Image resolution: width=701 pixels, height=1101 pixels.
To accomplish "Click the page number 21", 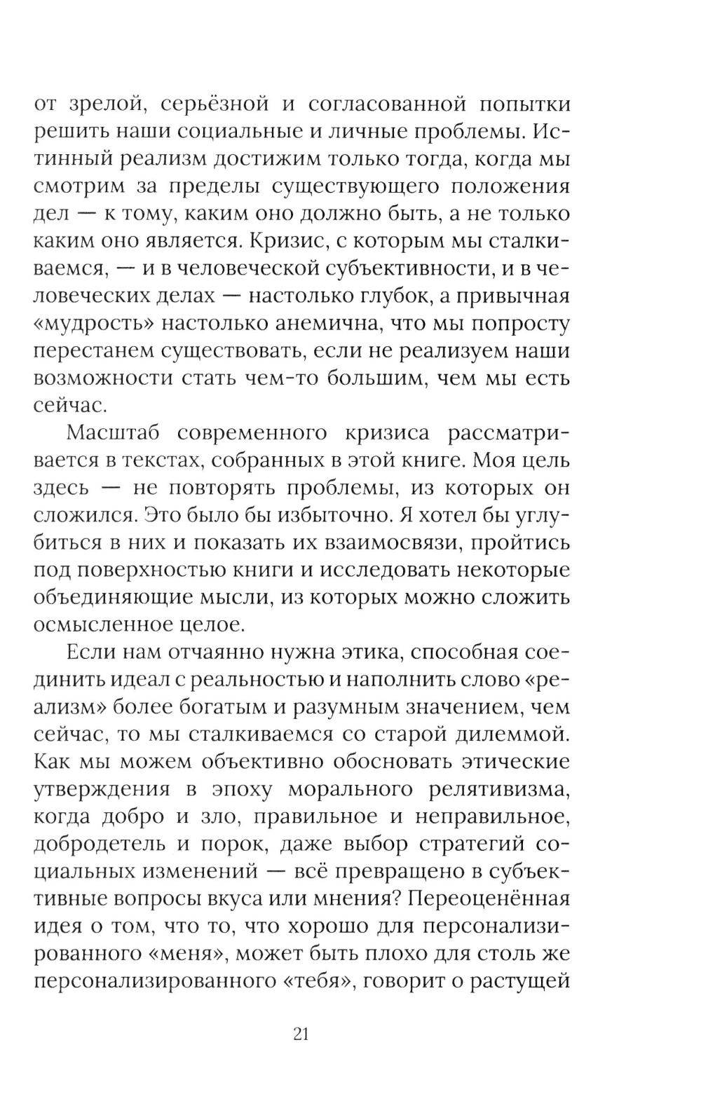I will [x=301, y=1033].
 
